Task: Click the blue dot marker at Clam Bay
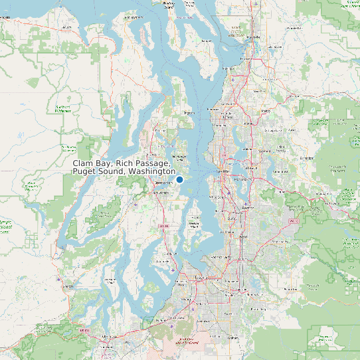click(x=179, y=179)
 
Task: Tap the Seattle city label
click(x=221, y=170)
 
